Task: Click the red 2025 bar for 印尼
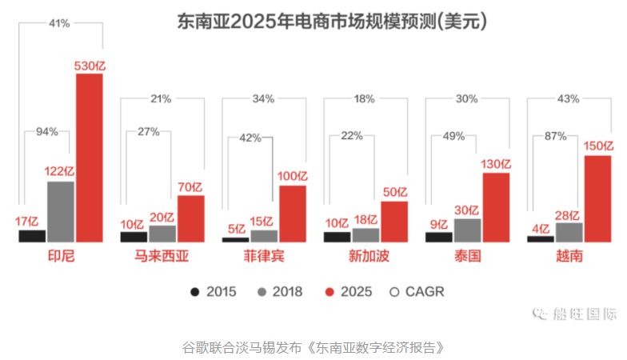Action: [x=90, y=158]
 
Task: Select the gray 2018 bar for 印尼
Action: [x=61, y=211]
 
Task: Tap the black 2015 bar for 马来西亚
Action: [x=134, y=237]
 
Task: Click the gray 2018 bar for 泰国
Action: [x=468, y=230]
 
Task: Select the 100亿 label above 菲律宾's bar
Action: [x=293, y=176]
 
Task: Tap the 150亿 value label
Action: [x=598, y=146]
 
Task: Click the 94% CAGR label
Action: [x=46, y=132]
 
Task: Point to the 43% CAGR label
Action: [x=569, y=98]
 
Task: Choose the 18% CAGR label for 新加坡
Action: [x=365, y=98]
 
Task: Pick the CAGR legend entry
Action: [x=417, y=292]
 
